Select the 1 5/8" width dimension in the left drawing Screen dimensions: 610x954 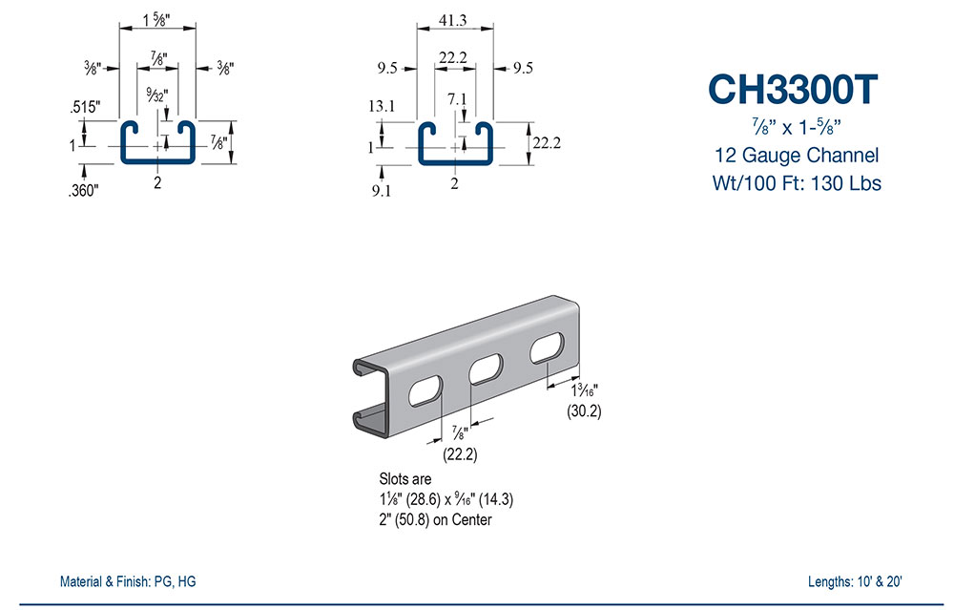(156, 18)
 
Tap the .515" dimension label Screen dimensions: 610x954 (84, 108)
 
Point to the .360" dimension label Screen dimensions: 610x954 (83, 190)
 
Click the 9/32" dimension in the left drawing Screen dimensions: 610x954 (155, 95)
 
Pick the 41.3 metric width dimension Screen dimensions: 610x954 (453, 18)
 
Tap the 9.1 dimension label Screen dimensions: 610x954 (382, 190)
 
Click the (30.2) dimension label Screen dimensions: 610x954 (583, 411)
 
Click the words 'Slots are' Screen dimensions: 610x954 (405, 478)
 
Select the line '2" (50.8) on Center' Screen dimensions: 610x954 (436, 520)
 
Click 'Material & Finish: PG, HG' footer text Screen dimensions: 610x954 (129, 581)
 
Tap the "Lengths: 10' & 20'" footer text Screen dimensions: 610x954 (853, 581)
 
